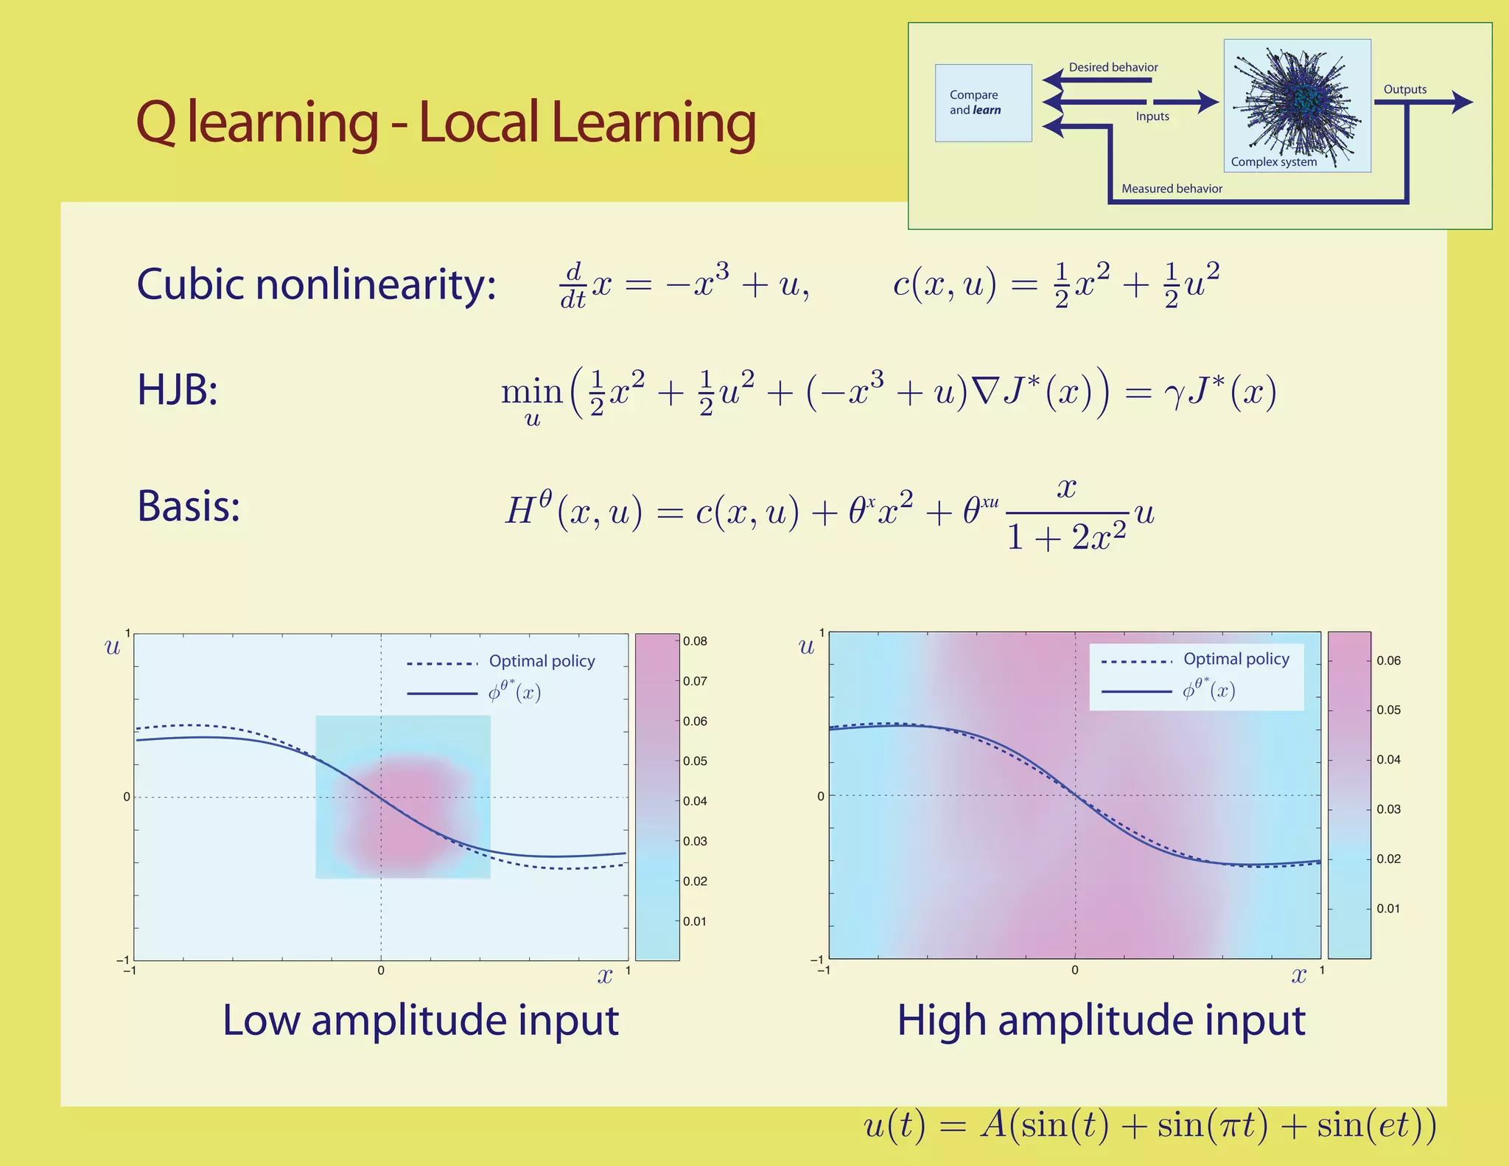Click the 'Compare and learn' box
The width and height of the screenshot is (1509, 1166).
[983, 102]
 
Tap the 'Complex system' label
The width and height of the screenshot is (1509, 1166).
[1273, 162]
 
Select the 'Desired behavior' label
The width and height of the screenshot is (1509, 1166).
[1113, 67]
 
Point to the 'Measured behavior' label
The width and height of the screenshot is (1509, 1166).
[1172, 189]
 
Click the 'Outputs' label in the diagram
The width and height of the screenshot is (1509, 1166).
[1404, 89]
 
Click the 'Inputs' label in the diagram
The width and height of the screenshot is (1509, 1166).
[1152, 116]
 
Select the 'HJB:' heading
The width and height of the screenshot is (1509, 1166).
[178, 390]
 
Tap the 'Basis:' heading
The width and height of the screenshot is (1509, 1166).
[189, 506]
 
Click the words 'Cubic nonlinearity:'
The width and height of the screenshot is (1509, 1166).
[316, 284]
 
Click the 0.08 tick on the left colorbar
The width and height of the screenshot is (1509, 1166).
[694, 641]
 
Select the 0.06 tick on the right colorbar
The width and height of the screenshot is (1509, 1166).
[1388, 660]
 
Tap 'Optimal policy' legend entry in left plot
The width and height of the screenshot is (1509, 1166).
[542, 661]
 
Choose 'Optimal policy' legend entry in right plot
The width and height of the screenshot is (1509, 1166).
[1236, 659]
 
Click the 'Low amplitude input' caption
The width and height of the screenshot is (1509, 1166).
[420, 1020]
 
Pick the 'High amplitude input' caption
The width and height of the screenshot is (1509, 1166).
[1101, 1021]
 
